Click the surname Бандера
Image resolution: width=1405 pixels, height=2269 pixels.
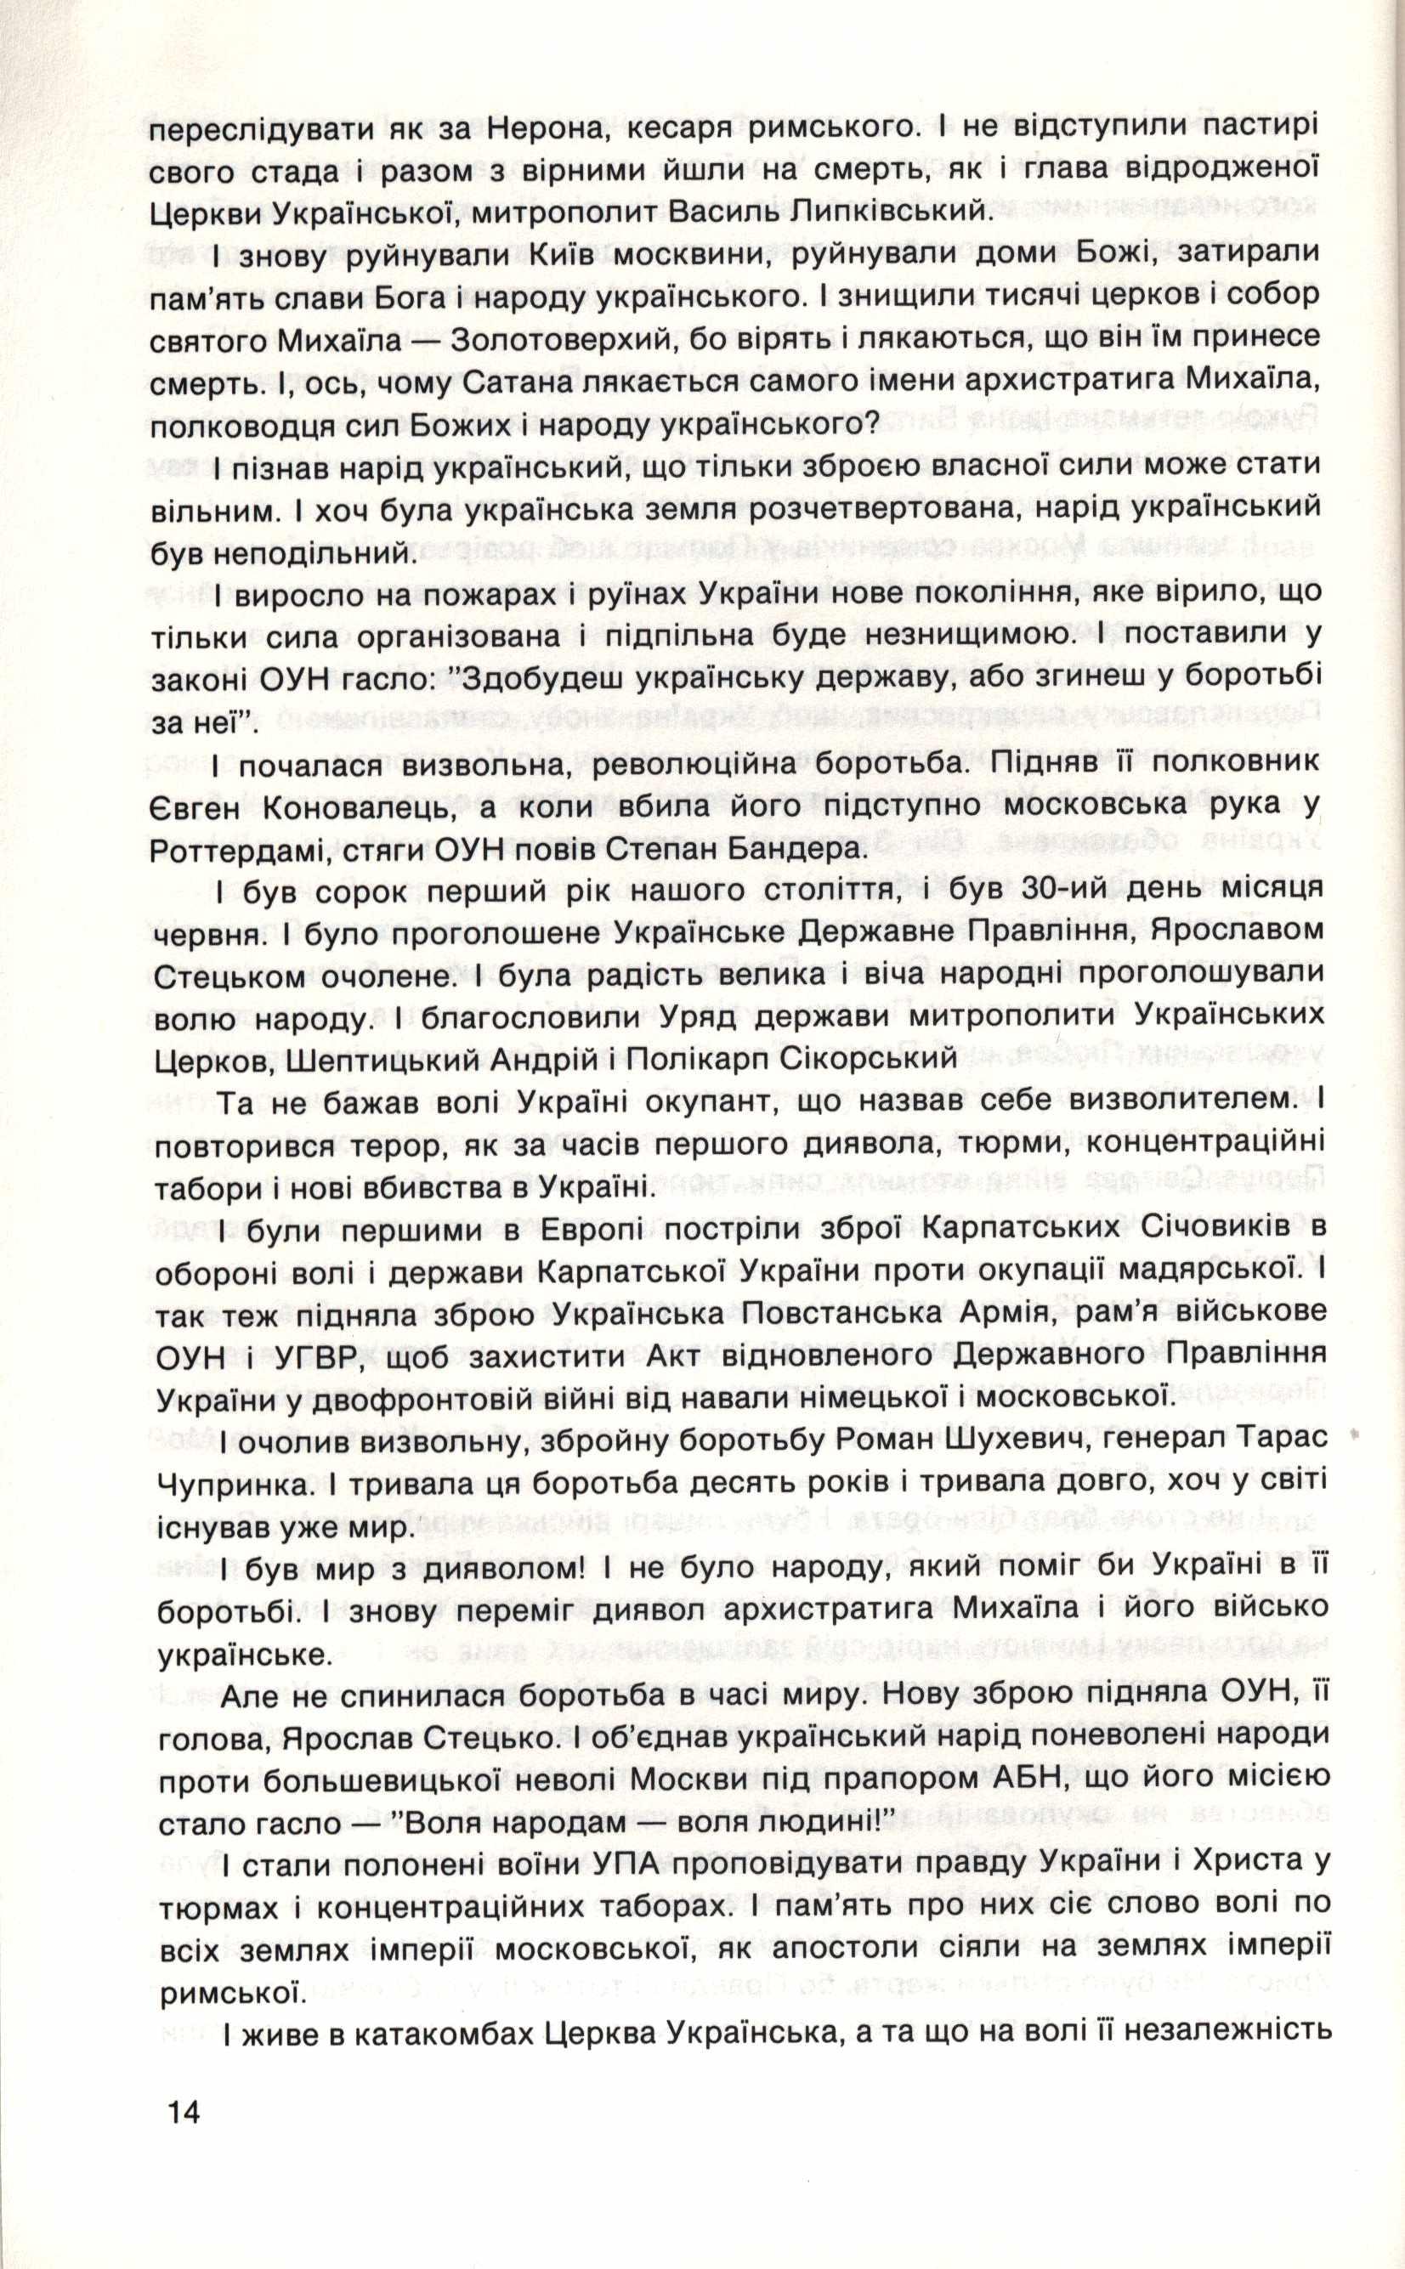pos(790,849)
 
